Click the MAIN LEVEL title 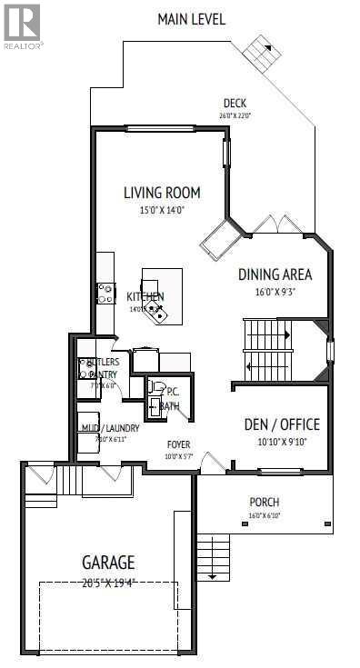click(x=191, y=18)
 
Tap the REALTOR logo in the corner click(x=22, y=25)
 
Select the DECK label click(x=235, y=103)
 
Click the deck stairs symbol click(x=263, y=55)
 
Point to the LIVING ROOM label click(x=162, y=193)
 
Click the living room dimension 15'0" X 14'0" click(x=162, y=211)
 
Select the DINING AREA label click(x=275, y=274)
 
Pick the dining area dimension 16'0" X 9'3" click(x=275, y=292)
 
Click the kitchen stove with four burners click(x=106, y=293)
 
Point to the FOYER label click(x=178, y=444)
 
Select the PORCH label click(x=265, y=502)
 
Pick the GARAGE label click(x=111, y=563)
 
